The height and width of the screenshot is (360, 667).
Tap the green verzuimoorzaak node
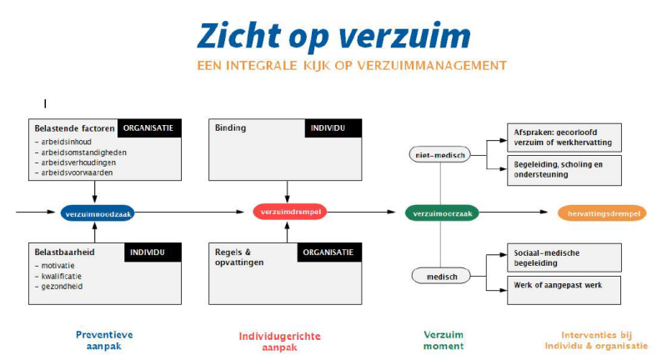443,213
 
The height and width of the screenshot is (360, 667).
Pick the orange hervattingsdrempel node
602,213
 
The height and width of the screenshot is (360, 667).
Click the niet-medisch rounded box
438,154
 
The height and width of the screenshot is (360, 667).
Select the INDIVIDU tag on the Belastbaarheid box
153,252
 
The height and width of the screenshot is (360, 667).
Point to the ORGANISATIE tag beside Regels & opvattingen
332,252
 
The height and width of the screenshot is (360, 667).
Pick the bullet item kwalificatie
58,276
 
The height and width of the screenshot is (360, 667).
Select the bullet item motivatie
57,265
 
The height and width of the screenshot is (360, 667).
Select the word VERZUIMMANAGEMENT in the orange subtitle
440,65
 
